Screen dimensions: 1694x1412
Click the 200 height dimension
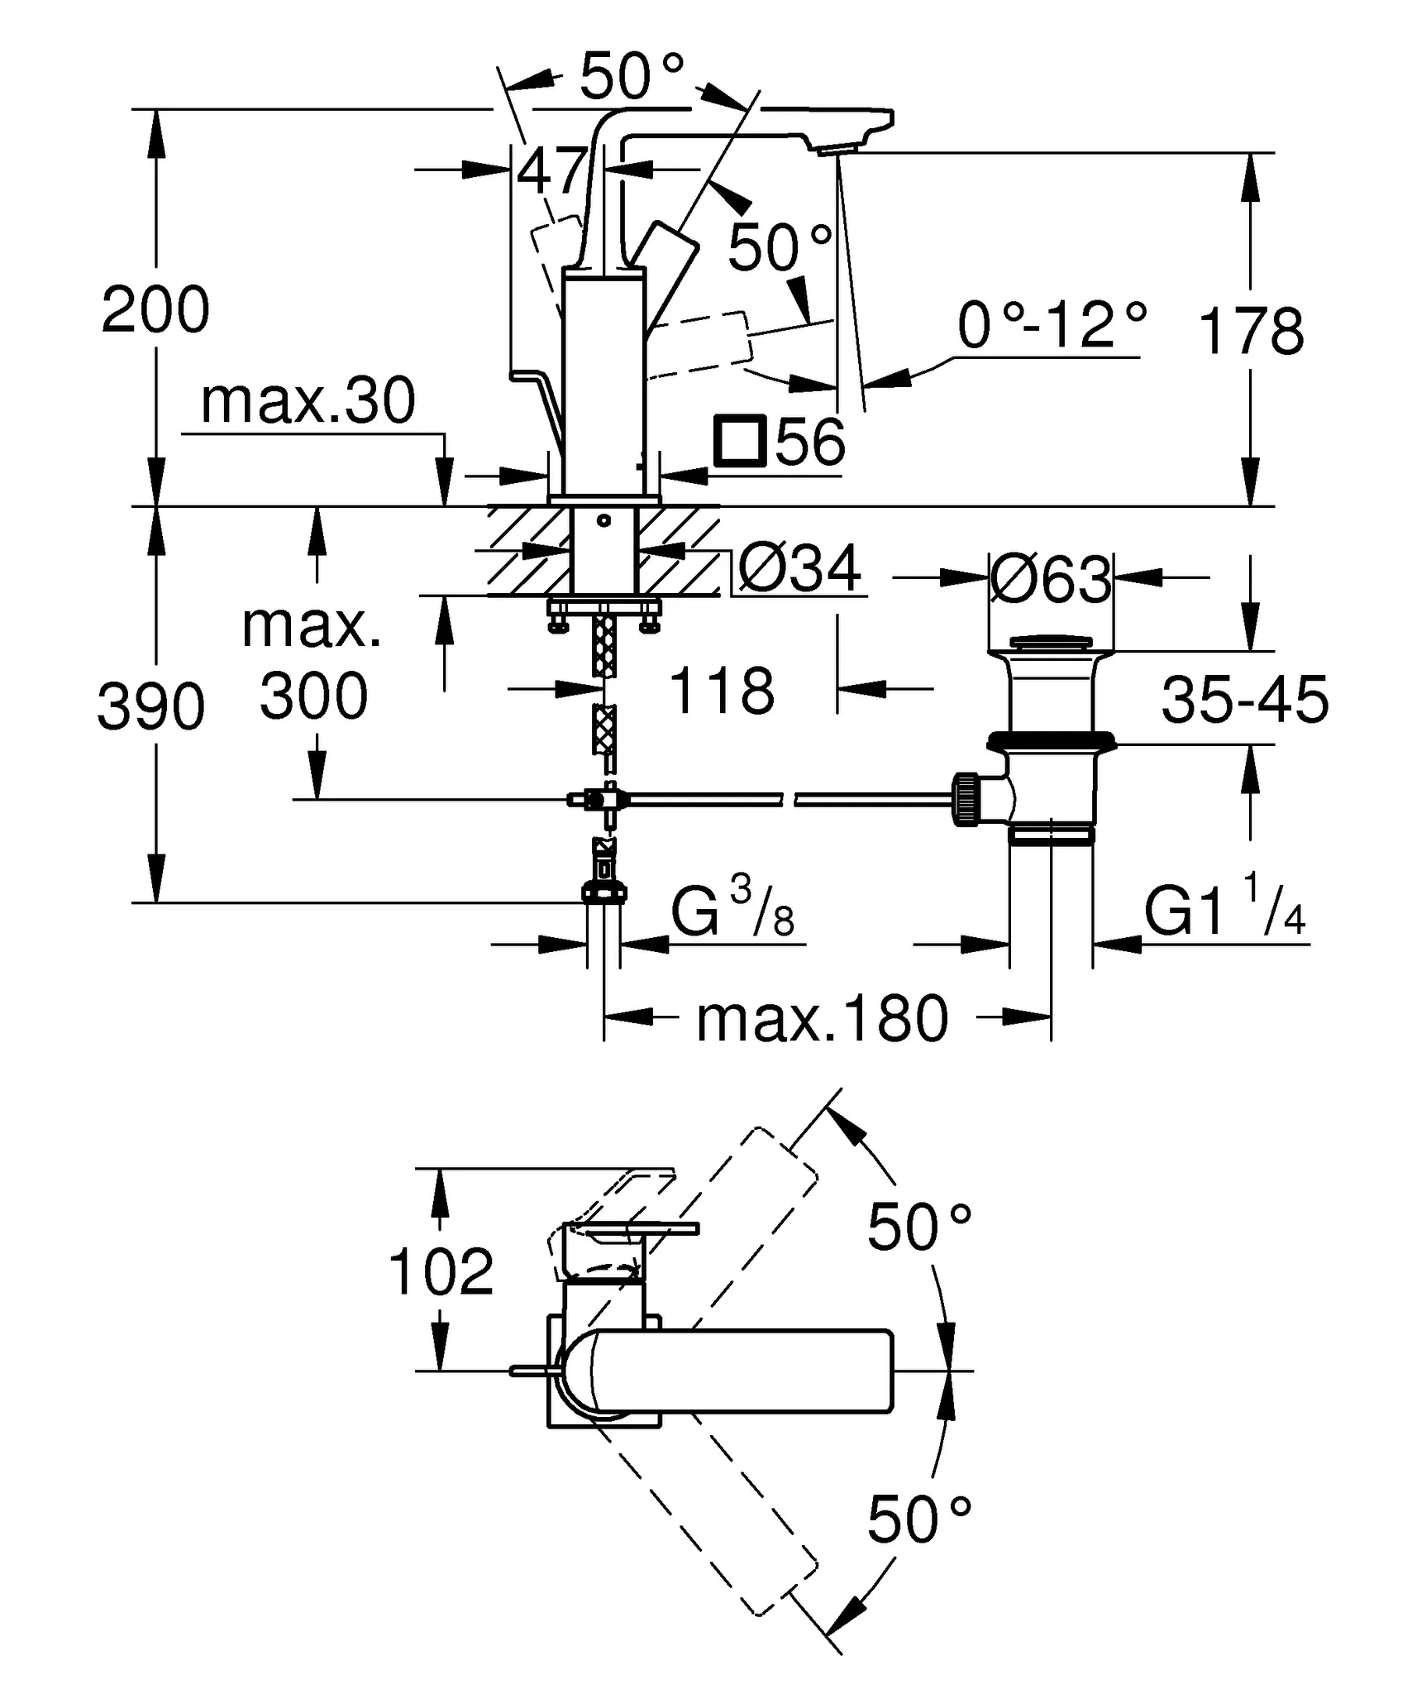[x=155, y=310]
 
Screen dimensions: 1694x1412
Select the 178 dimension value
[x=1250, y=331]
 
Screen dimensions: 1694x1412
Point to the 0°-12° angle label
[x=1052, y=325]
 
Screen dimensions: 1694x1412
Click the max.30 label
[x=308, y=402]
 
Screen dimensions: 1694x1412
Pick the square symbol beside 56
[x=742, y=443]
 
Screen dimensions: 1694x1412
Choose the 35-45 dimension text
[x=1245, y=700]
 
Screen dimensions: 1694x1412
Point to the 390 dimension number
[x=150, y=707]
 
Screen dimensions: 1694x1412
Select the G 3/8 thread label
[x=732, y=911]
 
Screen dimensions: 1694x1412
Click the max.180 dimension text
[x=822, y=1018]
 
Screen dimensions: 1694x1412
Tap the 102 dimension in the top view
[x=441, y=1271]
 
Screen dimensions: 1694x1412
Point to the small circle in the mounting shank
[x=603, y=520]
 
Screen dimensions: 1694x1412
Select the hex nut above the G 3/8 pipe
[x=603, y=892]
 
